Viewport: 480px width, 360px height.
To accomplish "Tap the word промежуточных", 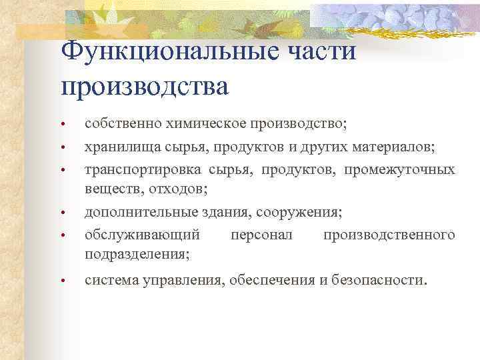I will [400, 169].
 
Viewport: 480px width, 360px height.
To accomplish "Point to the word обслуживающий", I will [141, 235].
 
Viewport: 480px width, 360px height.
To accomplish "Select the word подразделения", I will [136, 255].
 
